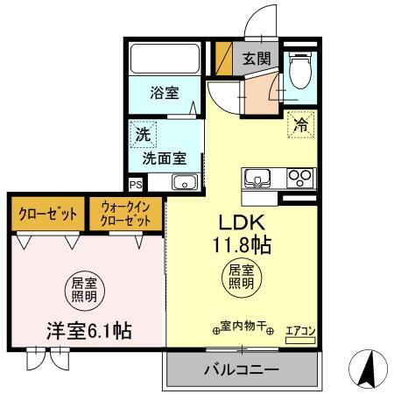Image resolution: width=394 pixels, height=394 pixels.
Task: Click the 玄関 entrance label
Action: tap(257, 60)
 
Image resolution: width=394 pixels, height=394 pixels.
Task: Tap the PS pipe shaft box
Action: tap(135, 185)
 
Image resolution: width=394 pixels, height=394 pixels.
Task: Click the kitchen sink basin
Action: tap(257, 178)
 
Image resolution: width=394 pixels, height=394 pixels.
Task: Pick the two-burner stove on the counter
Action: tap(300, 178)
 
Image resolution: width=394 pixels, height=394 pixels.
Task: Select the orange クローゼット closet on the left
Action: tap(48, 213)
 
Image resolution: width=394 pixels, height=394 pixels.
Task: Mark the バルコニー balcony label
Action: tap(241, 369)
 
